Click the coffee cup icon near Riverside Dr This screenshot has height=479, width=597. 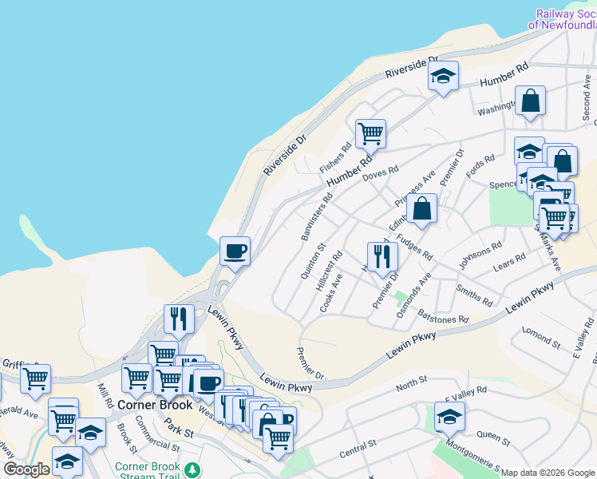235,251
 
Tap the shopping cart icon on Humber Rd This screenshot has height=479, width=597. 370,133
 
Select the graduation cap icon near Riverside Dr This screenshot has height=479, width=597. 443,77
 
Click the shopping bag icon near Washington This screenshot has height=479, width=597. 530,101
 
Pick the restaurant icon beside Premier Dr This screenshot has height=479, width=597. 382,255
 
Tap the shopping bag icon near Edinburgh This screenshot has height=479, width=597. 421,209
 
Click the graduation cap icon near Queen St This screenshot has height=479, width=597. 450,416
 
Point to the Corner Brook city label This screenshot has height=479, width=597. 155,405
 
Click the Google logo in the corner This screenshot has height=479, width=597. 26,469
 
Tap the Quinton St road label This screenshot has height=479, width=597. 310,261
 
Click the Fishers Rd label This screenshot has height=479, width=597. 335,157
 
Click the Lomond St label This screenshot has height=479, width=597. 541,335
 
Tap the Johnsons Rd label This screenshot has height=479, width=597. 480,255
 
